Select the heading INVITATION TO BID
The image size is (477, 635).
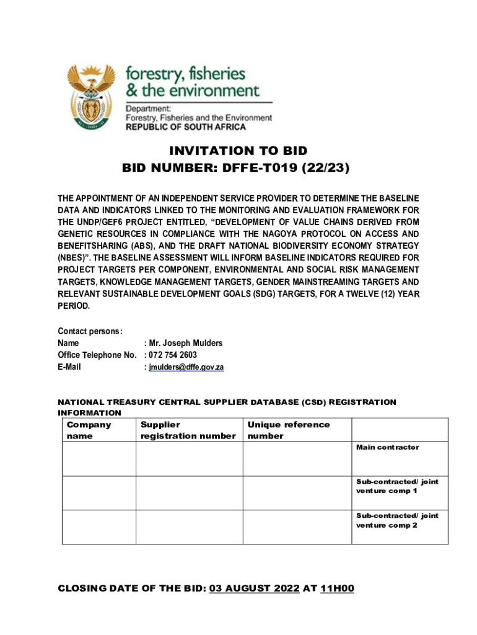(x=239, y=151)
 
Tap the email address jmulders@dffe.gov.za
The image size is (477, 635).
(x=186, y=367)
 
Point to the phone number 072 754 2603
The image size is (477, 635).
(x=173, y=355)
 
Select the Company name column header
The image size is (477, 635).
(x=89, y=430)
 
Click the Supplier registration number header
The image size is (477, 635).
(x=188, y=430)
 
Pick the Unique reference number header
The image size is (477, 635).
(x=288, y=430)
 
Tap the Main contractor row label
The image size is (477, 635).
(x=387, y=447)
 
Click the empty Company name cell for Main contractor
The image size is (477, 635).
(x=98, y=459)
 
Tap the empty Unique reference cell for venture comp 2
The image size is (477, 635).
(x=297, y=527)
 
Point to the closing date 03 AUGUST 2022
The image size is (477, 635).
(x=254, y=588)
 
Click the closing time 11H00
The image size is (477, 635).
(x=337, y=588)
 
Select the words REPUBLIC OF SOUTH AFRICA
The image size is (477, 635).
(x=186, y=127)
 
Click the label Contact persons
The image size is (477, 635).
(x=90, y=331)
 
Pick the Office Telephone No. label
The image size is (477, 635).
(x=97, y=355)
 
